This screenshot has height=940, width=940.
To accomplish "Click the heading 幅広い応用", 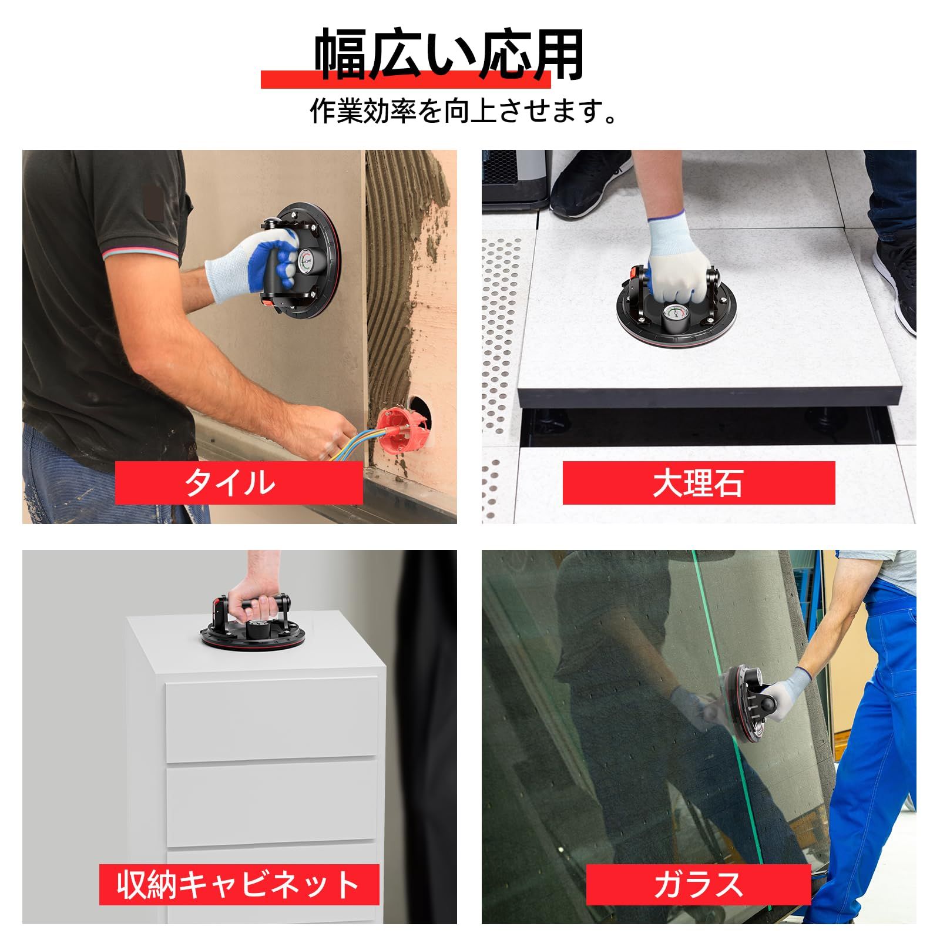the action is (x=449, y=55).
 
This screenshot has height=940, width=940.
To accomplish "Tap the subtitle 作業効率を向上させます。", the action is (x=464, y=110).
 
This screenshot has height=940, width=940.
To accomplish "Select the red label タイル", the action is (x=239, y=482).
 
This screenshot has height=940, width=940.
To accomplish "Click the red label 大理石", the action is (x=699, y=482).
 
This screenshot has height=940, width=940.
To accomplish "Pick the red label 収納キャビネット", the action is (x=239, y=884).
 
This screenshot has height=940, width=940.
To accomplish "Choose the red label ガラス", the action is (x=699, y=884).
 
